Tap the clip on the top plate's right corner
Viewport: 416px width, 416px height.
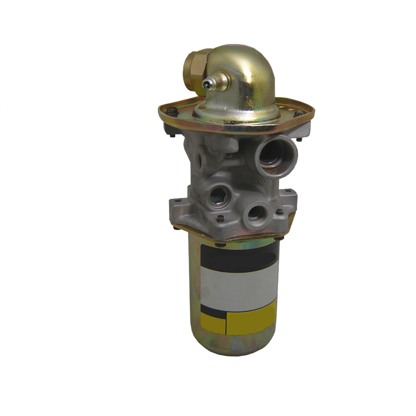coord(299,114)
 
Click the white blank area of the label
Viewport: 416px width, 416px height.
coord(239,287)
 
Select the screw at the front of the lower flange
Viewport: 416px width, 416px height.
coord(221,218)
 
